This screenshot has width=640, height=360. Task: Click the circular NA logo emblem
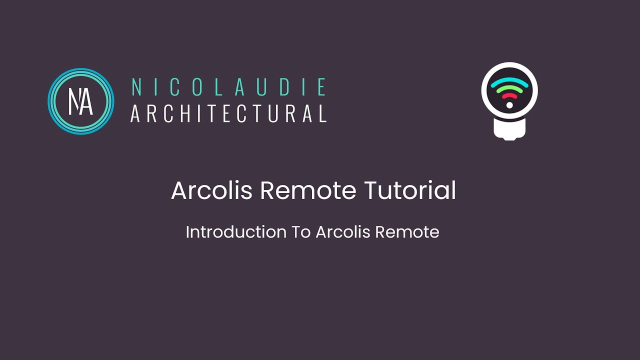click(x=81, y=101)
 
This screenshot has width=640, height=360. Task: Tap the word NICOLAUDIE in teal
click(x=228, y=87)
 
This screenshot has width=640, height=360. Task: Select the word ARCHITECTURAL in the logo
click(x=228, y=113)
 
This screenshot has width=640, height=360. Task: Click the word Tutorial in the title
click(x=410, y=190)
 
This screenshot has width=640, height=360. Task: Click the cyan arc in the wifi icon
click(x=509, y=82)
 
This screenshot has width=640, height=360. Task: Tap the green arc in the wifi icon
click(x=509, y=89)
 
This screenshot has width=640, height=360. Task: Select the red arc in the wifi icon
click(x=509, y=95)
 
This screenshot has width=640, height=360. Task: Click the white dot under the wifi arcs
click(x=509, y=105)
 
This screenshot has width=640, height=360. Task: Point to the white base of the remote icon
click(x=509, y=129)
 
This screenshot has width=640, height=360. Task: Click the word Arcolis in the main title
click(x=212, y=190)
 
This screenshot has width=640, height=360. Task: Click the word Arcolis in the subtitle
click(x=343, y=232)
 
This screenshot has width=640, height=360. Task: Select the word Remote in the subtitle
click(x=407, y=232)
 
